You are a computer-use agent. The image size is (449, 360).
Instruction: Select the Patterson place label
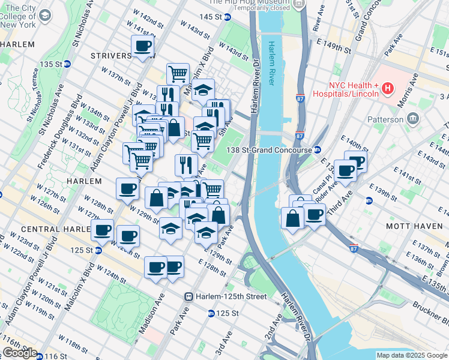tap(386, 119)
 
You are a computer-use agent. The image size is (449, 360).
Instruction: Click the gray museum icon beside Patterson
tap(413, 119)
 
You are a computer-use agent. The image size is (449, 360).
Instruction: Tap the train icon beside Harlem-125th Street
tap(188, 296)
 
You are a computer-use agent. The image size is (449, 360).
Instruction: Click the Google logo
tap(20, 353)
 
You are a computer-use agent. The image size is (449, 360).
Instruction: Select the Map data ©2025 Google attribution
tap(411, 355)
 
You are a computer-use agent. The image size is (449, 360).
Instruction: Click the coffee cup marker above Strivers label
tap(143, 46)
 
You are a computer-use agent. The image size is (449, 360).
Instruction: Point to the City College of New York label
tap(17, 16)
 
